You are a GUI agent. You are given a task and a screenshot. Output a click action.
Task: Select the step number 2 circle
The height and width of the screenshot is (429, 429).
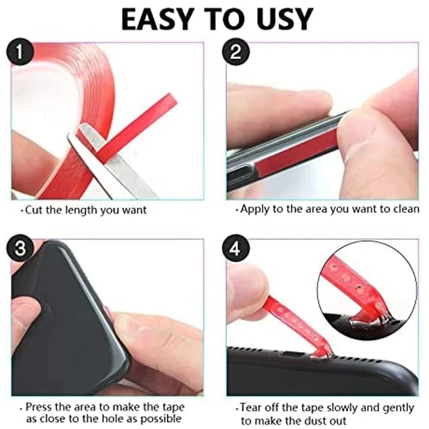pos(235,53)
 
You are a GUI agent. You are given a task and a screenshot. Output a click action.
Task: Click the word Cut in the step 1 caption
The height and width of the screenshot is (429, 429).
pos(34,210)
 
